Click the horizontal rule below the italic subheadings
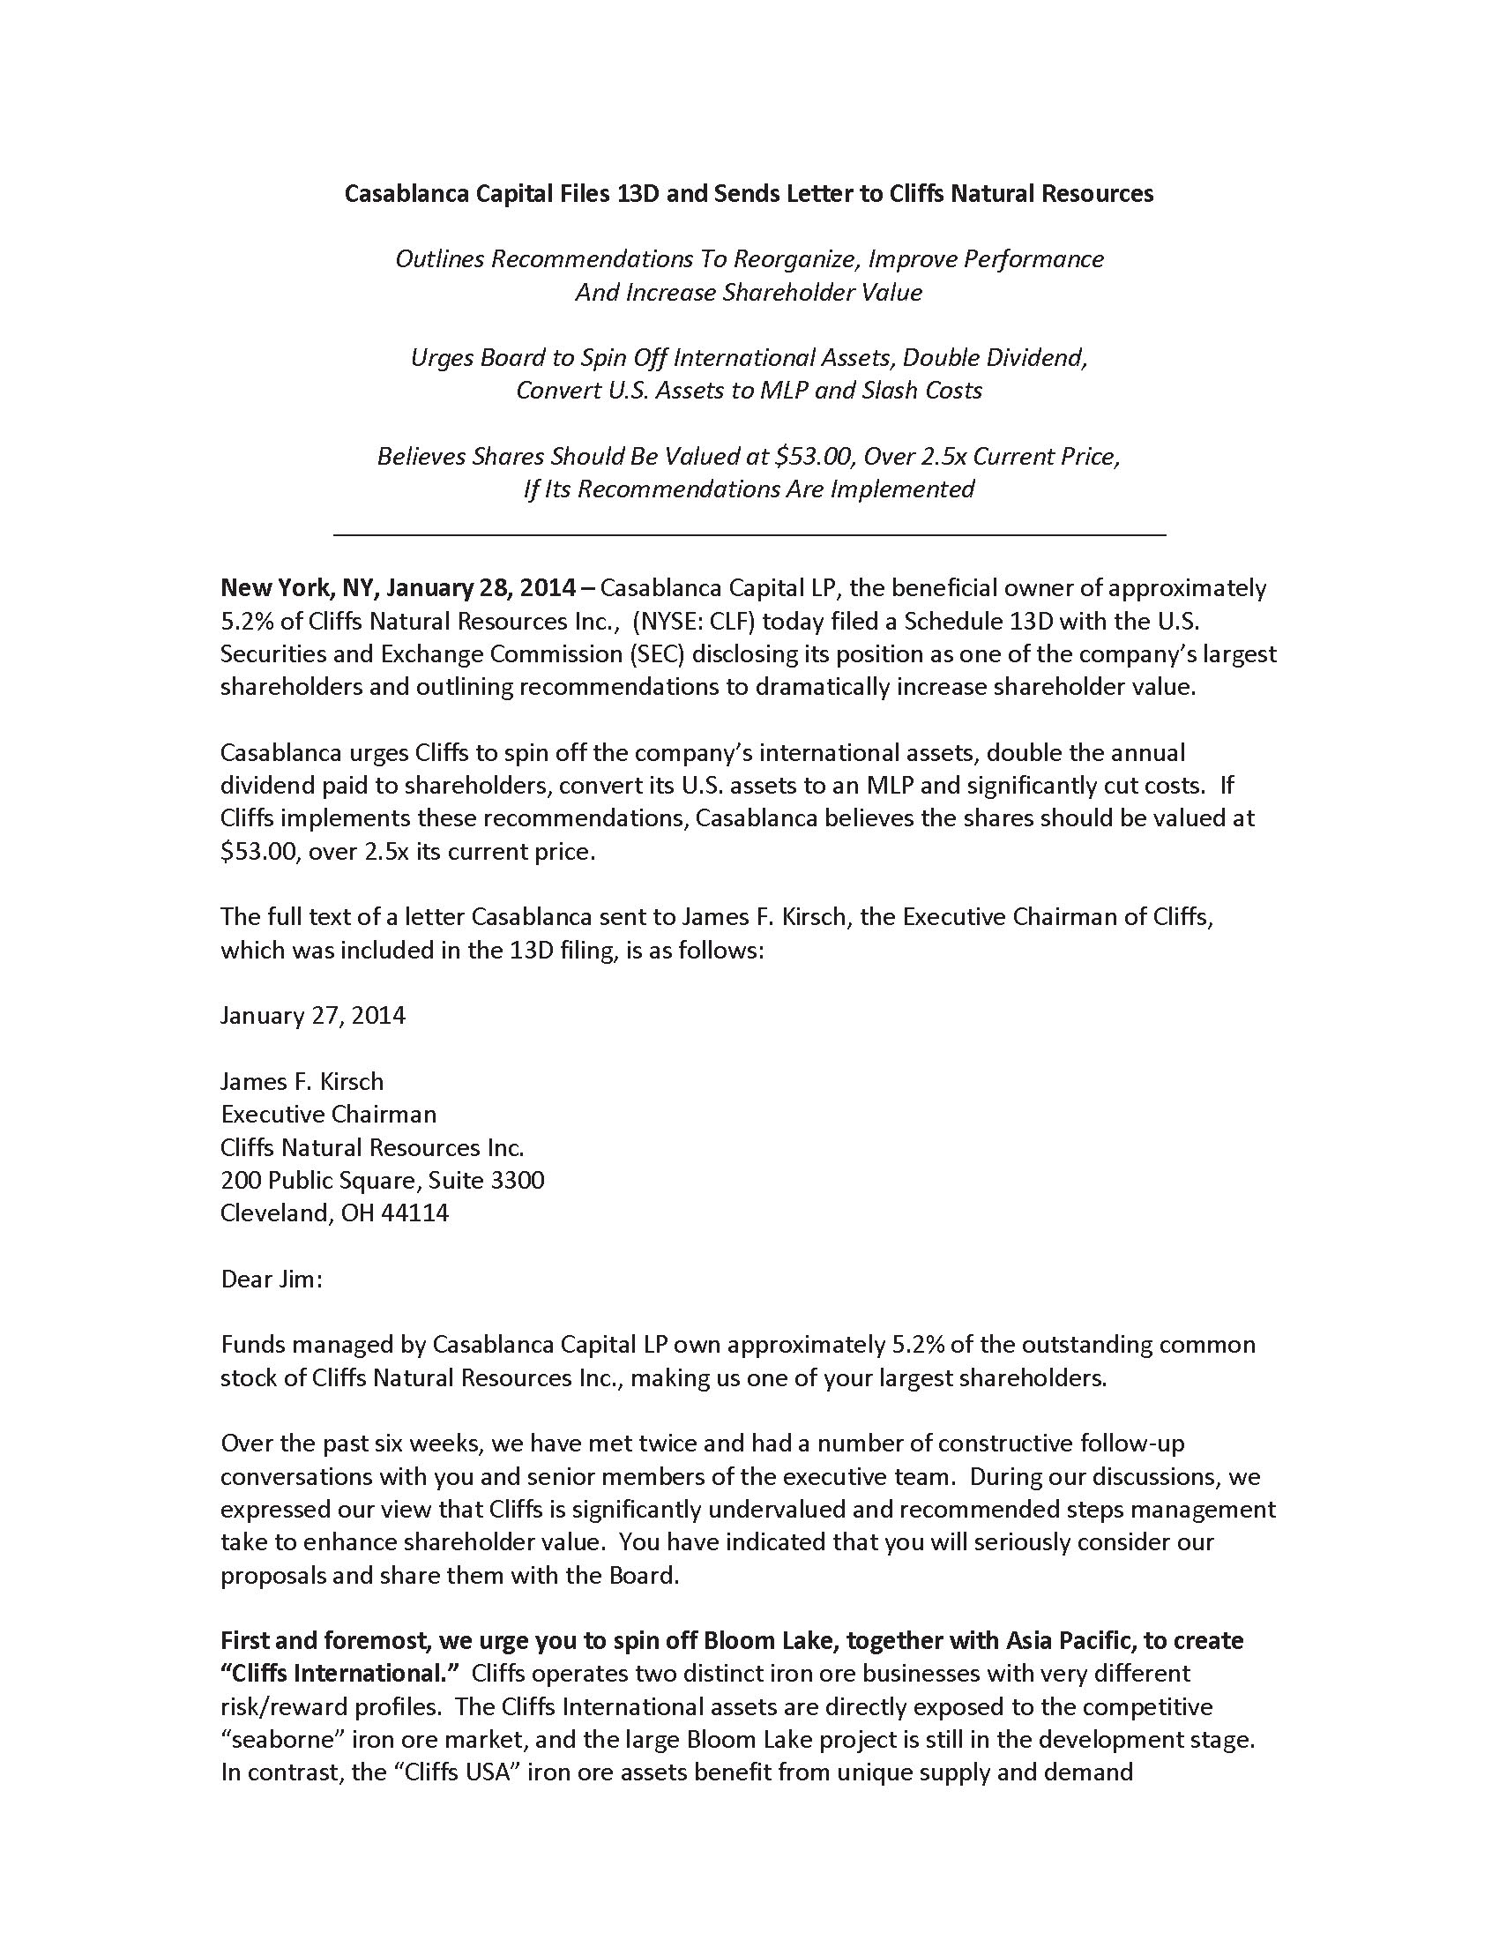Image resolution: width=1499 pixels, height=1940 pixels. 749,534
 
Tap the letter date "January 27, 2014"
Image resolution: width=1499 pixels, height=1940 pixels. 313,1015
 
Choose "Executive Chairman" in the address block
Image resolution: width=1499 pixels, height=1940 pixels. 329,1114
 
